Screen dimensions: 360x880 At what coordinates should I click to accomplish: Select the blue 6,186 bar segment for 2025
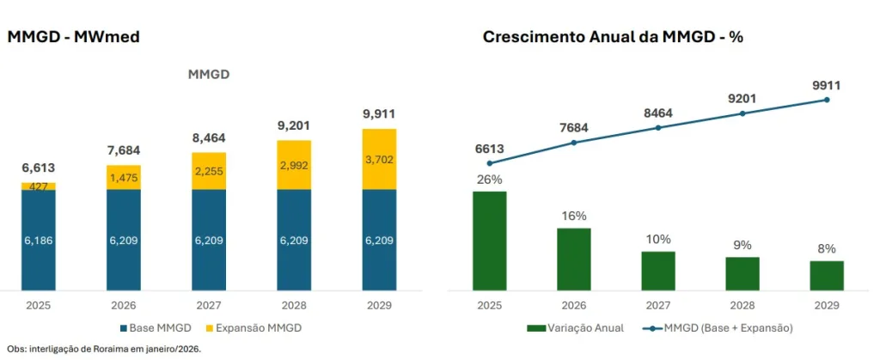pos(39,241)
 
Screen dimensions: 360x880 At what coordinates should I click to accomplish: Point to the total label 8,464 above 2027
pos(209,137)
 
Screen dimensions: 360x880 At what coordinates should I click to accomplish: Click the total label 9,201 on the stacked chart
pos(294,125)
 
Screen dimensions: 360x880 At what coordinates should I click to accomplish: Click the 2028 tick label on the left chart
pos(294,306)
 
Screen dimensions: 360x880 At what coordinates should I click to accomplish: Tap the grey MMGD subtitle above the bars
pos(209,75)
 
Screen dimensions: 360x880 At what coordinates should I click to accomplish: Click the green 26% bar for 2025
pos(490,240)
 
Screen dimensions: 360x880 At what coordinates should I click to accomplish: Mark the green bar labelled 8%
pos(827,275)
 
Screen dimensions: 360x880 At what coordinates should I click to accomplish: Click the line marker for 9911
pos(827,100)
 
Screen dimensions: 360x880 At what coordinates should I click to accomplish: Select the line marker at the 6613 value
pos(490,163)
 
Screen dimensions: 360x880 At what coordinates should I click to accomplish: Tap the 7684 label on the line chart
pos(575,128)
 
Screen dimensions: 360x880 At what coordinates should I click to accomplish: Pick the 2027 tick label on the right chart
pos(658,306)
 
